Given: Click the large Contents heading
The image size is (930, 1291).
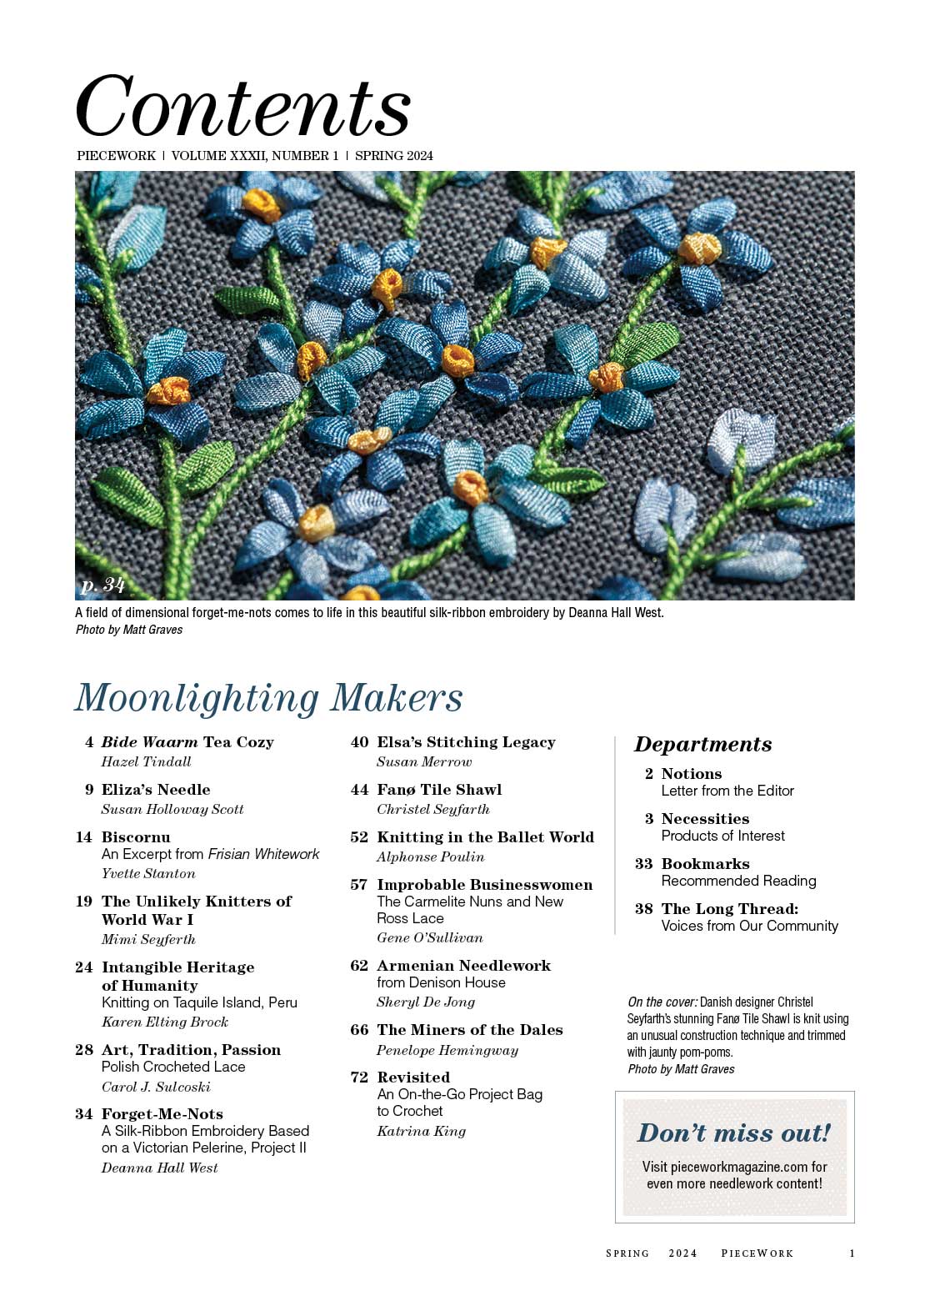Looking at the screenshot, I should pyautogui.click(x=242, y=107).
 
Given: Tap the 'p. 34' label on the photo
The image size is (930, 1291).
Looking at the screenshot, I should pyautogui.click(x=102, y=585).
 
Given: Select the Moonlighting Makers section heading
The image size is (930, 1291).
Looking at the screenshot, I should pyautogui.click(x=268, y=698).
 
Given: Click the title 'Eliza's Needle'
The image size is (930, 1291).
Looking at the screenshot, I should pyautogui.click(x=156, y=790).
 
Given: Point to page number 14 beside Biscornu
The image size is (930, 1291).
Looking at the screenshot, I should pyautogui.click(x=83, y=837).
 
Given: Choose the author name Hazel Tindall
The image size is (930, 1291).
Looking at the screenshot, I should pyautogui.click(x=146, y=761).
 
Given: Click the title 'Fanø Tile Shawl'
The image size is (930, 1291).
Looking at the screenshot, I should pyautogui.click(x=439, y=790).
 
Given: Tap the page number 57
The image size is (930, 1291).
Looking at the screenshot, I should pyautogui.click(x=359, y=885).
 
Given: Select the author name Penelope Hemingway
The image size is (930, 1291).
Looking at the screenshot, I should pyautogui.click(x=447, y=1050).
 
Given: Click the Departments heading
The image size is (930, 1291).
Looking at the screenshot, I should pyautogui.click(x=702, y=744).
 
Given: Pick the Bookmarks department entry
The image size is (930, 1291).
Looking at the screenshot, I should pyautogui.click(x=705, y=864).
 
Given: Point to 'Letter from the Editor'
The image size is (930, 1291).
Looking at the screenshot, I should pyautogui.click(x=727, y=791).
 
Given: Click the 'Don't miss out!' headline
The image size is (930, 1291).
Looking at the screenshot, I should pyautogui.click(x=734, y=1133).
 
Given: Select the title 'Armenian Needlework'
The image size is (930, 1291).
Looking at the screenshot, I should pyautogui.click(x=463, y=966).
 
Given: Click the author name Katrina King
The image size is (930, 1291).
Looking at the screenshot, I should pyautogui.click(x=421, y=1131).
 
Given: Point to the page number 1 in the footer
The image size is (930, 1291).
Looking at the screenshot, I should pyautogui.click(x=852, y=1253).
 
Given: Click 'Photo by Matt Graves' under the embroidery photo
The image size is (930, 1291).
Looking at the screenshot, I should pyautogui.click(x=129, y=630).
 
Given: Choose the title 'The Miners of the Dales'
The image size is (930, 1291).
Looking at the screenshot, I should pyautogui.click(x=469, y=1030).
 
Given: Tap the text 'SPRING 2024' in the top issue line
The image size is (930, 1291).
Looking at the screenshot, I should pyautogui.click(x=394, y=156).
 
